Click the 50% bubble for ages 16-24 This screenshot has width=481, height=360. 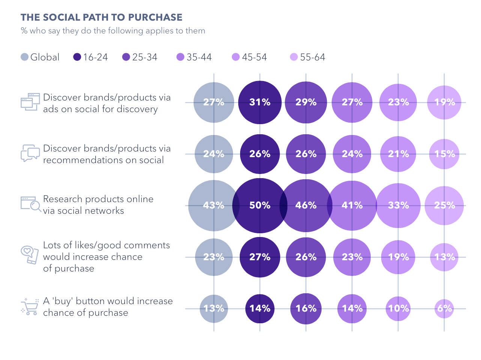[x=260, y=205]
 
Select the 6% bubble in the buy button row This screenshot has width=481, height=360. [x=444, y=309]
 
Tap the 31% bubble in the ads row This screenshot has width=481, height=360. [x=260, y=102]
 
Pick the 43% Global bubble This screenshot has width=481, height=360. [x=213, y=205]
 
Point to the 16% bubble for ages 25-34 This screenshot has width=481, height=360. [x=306, y=309]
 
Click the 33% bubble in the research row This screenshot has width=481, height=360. [x=398, y=205]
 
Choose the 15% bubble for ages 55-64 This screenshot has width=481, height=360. [x=444, y=154]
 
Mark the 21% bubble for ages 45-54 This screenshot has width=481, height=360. [x=398, y=154]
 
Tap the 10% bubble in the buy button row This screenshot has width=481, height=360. [x=398, y=309]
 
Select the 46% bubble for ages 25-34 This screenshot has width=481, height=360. [x=306, y=205]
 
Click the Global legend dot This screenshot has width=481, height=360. [x=25, y=57]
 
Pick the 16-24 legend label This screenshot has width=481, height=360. [x=95, y=57]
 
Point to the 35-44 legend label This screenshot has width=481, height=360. [x=199, y=57]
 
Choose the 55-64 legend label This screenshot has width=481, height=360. [x=313, y=57]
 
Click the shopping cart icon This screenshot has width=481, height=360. [x=30, y=307]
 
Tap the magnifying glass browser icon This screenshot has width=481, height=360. [x=30, y=204]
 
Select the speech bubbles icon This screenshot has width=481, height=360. [x=30, y=153]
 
